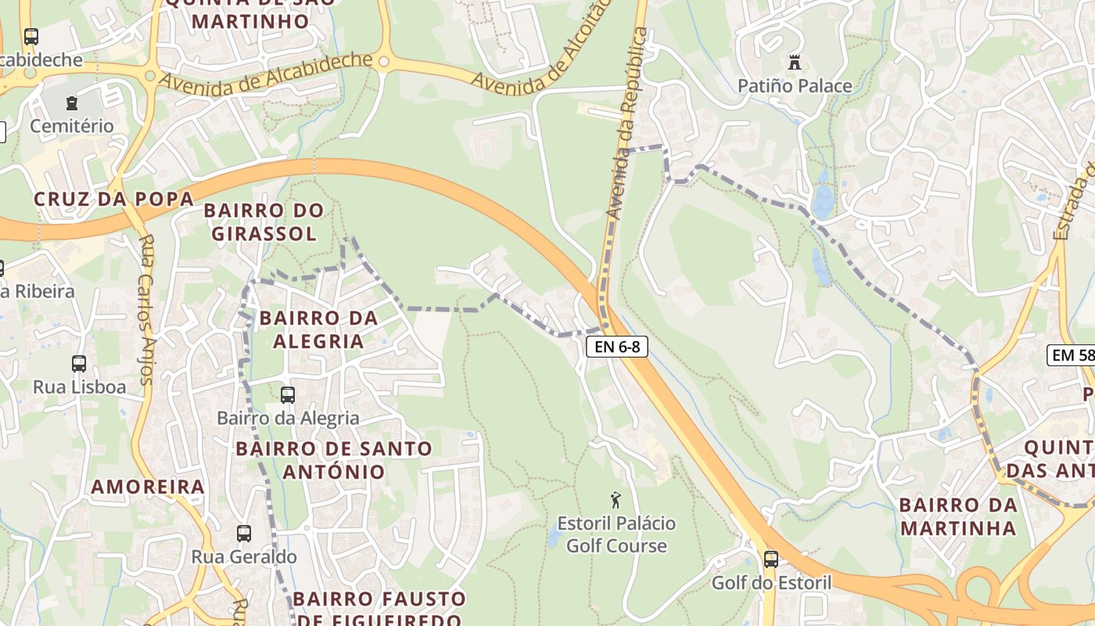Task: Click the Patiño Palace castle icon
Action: (795, 61)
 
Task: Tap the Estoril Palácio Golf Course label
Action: (616, 534)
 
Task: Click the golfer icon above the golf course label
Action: (616, 499)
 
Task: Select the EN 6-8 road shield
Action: (617, 347)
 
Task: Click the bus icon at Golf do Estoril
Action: (770, 559)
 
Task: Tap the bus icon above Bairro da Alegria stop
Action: (288, 394)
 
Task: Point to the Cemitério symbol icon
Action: (72, 103)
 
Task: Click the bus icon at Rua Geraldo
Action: (244, 534)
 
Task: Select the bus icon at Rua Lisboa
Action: (79, 363)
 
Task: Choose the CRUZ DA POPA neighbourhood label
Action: (113, 199)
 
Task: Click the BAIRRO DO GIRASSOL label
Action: (264, 221)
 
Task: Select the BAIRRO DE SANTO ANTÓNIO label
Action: (334, 460)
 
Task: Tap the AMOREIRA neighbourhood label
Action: (148, 487)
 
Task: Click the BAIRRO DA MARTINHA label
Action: (958, 516)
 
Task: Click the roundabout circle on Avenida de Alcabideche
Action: (383, 61)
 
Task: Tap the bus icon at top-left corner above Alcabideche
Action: (31, 36)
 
